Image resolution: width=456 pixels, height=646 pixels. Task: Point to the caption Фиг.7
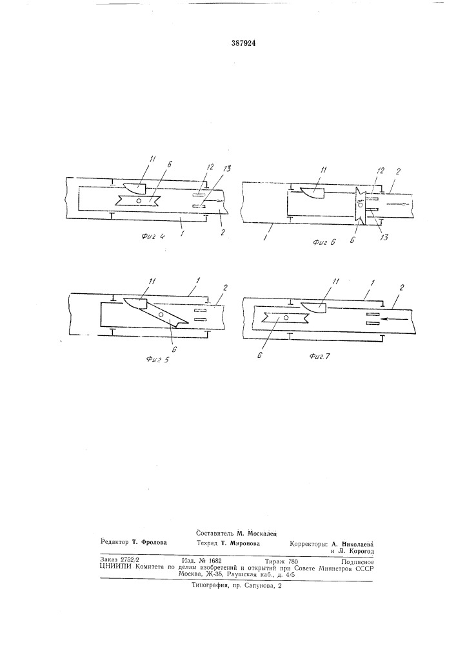319,357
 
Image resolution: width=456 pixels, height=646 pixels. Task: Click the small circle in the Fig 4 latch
139,201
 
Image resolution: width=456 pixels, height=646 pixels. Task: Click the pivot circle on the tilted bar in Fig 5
161,315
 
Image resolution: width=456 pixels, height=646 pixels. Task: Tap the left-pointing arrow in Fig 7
390,318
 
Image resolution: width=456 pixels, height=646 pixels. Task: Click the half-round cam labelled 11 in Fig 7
313,307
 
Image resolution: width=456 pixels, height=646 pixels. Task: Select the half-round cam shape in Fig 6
313,193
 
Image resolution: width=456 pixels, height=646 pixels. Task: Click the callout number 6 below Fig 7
259,354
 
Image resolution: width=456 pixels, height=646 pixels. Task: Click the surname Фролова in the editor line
154,542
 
